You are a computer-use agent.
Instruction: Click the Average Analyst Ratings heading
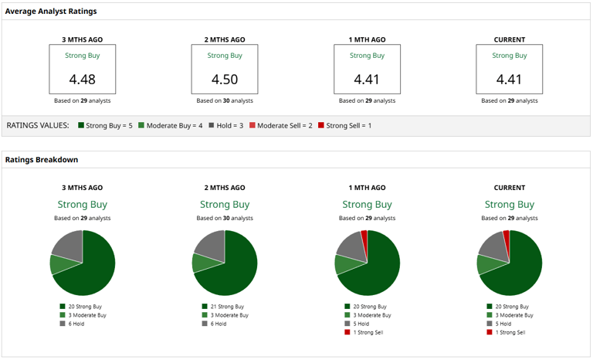tap(51, 12)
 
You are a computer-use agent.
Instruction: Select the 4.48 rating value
tap(83, 79)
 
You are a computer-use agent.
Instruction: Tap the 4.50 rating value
tap(225, 79)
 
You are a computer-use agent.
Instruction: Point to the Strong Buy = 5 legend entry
tap(107, 125)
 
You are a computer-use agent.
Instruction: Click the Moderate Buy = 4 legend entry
tap(171, 125)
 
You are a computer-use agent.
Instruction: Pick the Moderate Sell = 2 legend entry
tap(280, 125)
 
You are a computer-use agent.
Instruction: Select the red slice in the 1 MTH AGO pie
tap(364, 236)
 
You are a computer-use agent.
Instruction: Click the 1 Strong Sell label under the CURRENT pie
tap(510, 332)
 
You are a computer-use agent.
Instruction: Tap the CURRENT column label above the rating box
tap(509, 39)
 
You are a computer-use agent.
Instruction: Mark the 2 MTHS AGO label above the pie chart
tap(225, 188)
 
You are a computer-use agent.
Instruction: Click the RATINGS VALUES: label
tap(37, 125)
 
